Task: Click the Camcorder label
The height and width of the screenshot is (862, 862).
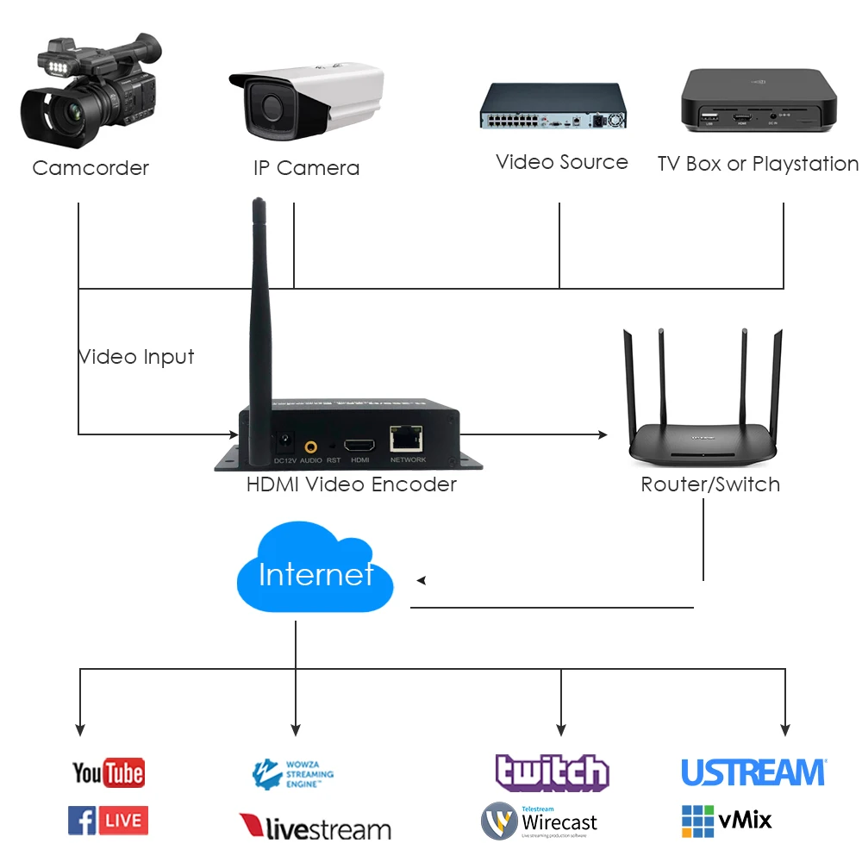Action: pos(91,168)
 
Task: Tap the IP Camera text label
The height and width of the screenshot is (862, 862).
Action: pos(306,168)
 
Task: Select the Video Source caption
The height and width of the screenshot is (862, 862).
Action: pos(562,163)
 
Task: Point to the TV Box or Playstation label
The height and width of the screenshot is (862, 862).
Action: pos(758,164)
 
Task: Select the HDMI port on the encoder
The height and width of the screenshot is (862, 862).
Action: pos(359,446)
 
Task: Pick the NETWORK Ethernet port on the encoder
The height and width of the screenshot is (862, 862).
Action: pos(406,440)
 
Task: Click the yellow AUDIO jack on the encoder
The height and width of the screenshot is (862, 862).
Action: pos(310,447)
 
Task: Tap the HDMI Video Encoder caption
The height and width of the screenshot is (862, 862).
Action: pos(352,484)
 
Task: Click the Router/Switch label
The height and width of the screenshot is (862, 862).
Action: pos(710,484)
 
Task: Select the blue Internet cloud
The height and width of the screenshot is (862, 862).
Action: pos(315,573)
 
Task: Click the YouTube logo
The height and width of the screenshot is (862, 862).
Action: pos(108,772)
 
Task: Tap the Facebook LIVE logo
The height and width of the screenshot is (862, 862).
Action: pos(108,821)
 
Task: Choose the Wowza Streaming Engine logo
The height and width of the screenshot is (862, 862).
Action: pos(292,774)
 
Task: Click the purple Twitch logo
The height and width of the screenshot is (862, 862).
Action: pos(552,772)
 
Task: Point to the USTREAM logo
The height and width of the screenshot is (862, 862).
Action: pos(753,772)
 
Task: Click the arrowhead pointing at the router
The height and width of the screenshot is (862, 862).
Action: pos(603,434)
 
